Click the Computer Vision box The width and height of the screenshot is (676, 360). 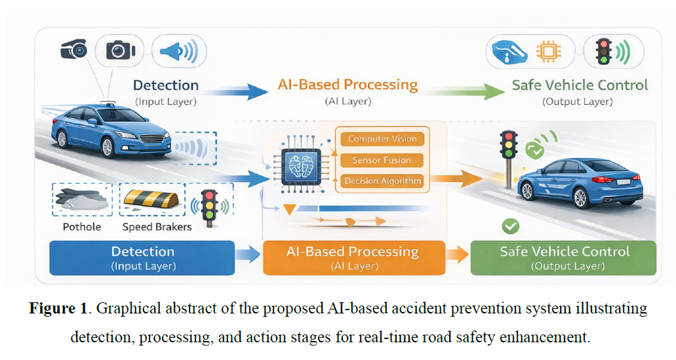point(382,138)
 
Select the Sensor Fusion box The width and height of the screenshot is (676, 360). point(382,160)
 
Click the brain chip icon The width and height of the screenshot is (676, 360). point(299,165)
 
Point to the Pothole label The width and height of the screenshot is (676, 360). point(82,226)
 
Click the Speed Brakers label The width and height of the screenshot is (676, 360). point(157,226)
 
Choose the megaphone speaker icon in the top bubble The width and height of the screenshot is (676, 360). point(178,51)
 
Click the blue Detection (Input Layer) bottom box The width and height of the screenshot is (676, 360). point(142,258)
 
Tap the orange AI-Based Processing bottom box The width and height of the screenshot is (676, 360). point(353,258)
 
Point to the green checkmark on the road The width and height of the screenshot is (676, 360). point(509,226)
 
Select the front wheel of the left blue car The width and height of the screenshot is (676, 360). point(64,139)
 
